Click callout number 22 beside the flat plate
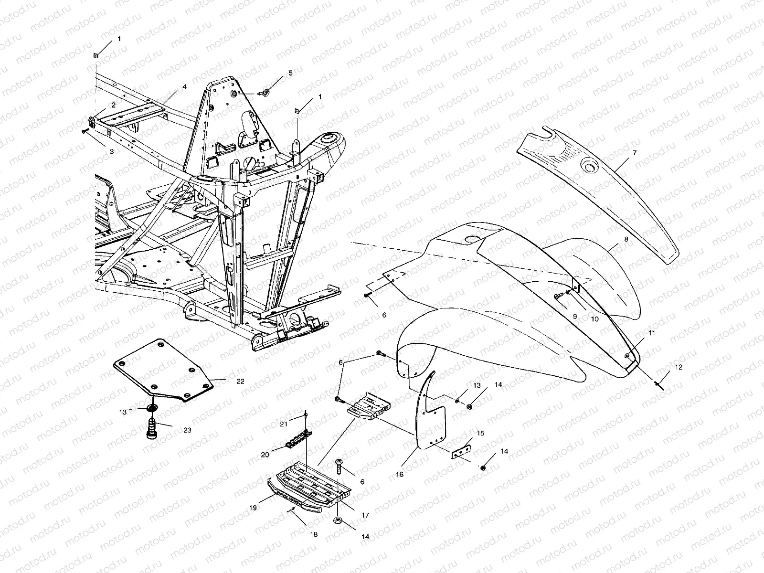240,381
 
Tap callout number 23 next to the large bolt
187,430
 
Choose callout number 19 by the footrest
253,508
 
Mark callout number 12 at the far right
679,367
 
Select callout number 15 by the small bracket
480,433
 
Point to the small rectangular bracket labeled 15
462,451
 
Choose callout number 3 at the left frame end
112,151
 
